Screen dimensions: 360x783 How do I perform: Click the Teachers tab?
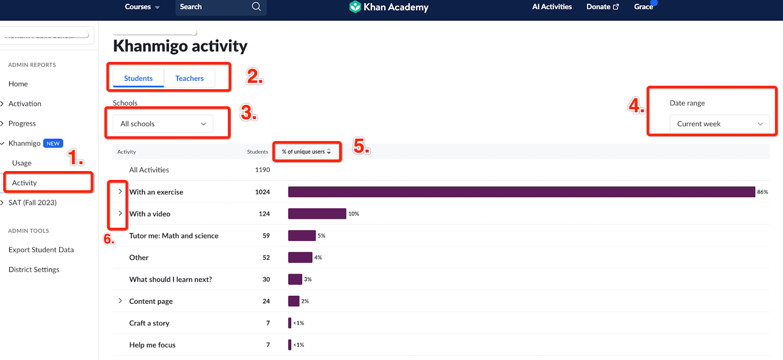[x=189, y=78]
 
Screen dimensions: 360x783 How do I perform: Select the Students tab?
[x=138, y=78]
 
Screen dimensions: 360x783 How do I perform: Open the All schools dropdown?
[x=163, y=124]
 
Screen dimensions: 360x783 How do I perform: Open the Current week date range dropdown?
[x=719, y=124]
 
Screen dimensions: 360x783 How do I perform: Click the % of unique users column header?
[x=306, y=152]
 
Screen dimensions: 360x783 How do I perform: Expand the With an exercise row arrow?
[x=120, y=191]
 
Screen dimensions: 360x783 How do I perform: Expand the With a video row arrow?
[x=120, y=213]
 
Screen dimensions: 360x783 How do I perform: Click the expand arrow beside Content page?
[x=120, y=301]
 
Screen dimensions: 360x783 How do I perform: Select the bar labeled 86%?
[x=521, y=192]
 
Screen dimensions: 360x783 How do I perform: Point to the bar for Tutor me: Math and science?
[x=301, y=236]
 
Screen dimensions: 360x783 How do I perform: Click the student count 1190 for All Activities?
[x=262, y=170]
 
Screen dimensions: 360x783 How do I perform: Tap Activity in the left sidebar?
[x=24, y=183]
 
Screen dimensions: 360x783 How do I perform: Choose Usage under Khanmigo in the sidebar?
[x=22, y=163]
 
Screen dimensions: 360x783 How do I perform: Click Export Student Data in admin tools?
[x=41, y=249]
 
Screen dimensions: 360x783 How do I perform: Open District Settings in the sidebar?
[x=34, y=270]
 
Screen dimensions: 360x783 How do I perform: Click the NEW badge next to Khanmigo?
[x=53, y=143]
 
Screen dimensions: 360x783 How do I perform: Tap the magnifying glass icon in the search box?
[x=256, y=7]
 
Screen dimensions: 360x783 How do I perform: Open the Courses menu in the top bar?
[x=142, y=7]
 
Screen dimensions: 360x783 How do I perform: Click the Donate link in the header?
[x=602, y=7]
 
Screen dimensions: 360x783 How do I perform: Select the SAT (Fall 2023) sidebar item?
[x=32, y=202]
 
